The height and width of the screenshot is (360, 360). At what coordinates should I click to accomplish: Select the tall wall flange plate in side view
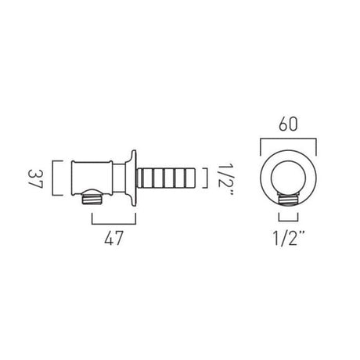pyautogui.click(x=139, y=179)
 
